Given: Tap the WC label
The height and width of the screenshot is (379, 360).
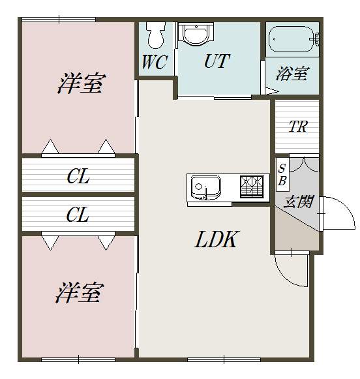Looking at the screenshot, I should (155, 63).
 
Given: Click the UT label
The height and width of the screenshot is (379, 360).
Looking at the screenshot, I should (217, 62).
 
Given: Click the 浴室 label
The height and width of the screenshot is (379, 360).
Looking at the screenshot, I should (292, 74).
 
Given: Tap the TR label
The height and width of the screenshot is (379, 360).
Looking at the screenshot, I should (297, 127).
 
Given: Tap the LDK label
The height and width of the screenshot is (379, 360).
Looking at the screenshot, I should (216, 240).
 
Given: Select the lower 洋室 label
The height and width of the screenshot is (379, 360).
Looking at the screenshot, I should (78, 293).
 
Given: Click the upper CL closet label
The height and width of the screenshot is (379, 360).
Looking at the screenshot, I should (78, 176).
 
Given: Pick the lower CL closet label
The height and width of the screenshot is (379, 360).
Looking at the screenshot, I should (78, 215).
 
